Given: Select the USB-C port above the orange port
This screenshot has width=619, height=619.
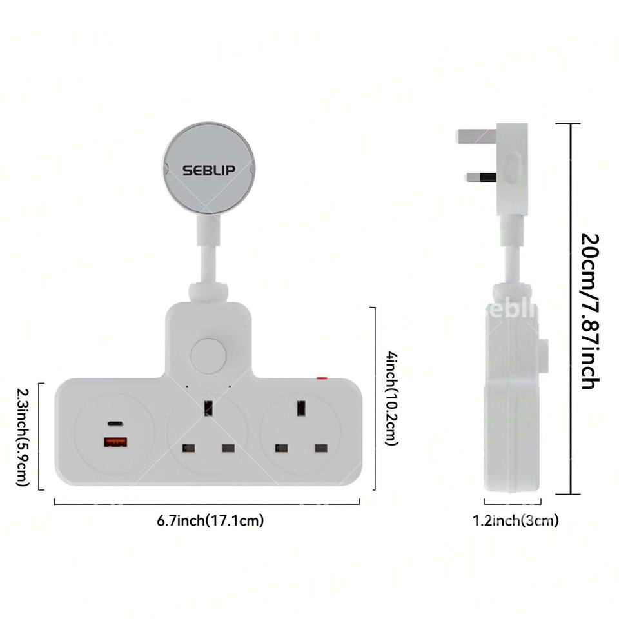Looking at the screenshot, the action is tap(115, 424).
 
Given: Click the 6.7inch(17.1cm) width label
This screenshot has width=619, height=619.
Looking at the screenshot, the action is tap(210, 520).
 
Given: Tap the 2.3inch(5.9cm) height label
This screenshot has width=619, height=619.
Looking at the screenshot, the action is tap(23, 437).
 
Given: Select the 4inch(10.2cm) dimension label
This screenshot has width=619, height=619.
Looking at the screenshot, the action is tap(391, 398).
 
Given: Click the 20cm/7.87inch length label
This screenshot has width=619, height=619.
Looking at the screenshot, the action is tap(589, 311).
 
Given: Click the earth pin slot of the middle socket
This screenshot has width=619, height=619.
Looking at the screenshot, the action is tap(208, 408).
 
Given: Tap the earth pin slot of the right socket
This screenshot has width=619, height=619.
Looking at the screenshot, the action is tap(300, 408).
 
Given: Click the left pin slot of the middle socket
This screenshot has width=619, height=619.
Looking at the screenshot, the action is tap(190, 447).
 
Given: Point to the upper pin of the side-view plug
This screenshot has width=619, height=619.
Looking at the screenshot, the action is tap(476, 137).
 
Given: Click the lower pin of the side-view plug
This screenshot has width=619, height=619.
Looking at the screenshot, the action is tap(481, 176).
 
